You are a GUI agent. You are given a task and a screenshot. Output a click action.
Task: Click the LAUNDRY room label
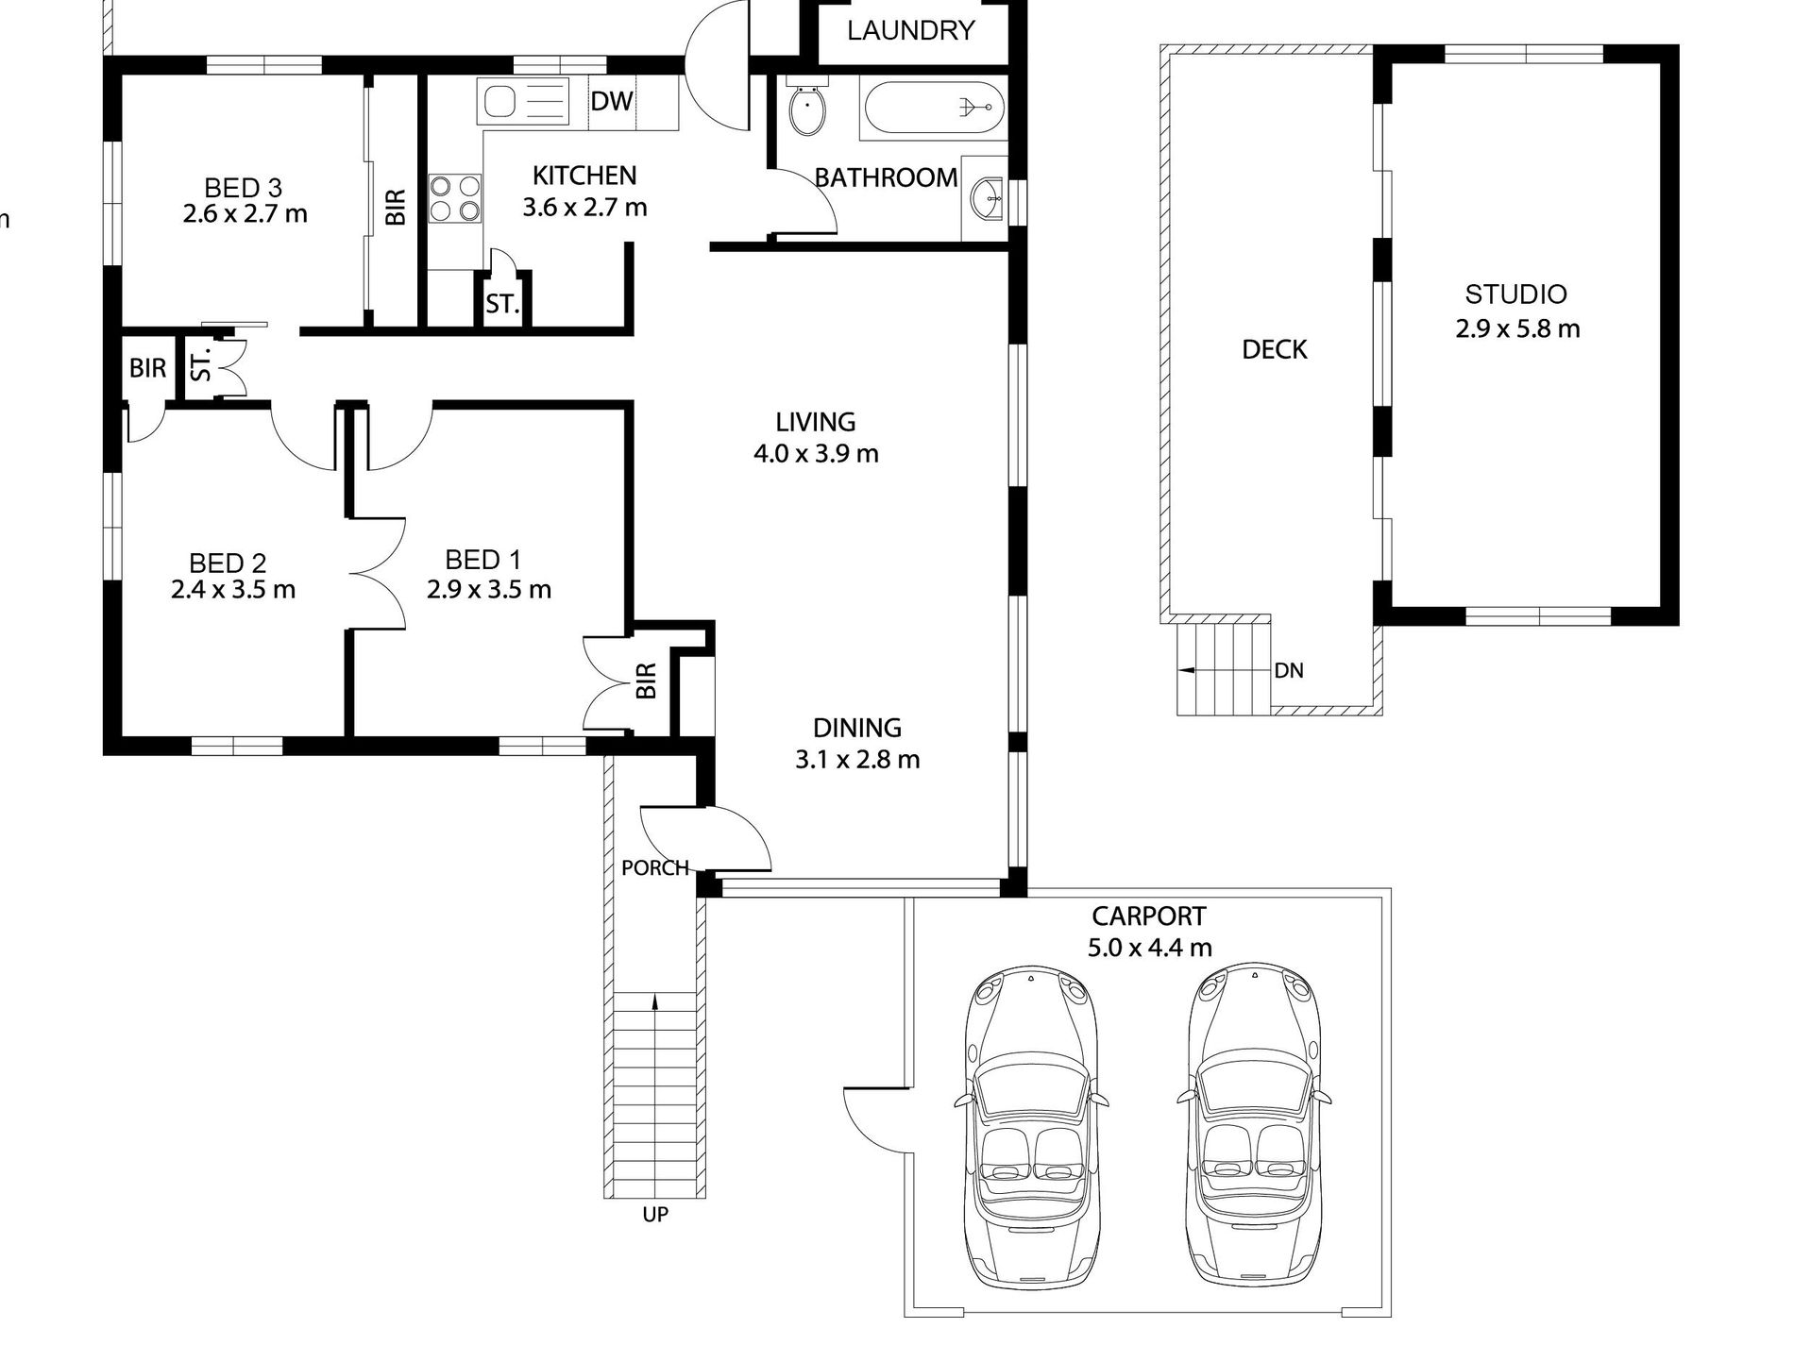tap(910, 30)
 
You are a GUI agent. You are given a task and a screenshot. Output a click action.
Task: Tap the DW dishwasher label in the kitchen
tap(612, 100)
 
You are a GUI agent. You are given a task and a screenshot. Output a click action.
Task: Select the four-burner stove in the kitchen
tap(454, 198)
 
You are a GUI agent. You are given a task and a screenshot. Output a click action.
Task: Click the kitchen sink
tap(525, 101)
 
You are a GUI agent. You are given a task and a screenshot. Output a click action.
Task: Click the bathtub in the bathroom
tap(931, 108)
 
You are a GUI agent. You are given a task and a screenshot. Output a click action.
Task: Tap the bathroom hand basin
tap(987, 197)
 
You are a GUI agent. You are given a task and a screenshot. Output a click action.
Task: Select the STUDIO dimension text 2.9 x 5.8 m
tap(1517, 328)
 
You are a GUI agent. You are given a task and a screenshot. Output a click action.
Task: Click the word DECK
tap(1275, 350)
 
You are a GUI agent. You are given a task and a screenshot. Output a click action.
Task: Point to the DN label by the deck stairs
tap(1289, 670)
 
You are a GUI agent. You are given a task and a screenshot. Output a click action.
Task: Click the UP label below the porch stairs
tap(655, 1215)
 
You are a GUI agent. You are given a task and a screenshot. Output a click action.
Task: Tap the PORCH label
tap(655, 867)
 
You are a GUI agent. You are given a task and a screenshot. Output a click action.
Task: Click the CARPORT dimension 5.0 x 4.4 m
tap(1149, 947)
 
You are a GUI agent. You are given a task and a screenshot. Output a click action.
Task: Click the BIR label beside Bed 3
tap(396, 207)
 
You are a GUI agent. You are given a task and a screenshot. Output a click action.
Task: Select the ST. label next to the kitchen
tap(502, 304)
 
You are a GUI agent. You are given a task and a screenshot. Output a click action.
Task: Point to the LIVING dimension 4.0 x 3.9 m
tap(816, 454)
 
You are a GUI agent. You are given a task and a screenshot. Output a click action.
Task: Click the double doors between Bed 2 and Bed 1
tap(378, 573)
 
